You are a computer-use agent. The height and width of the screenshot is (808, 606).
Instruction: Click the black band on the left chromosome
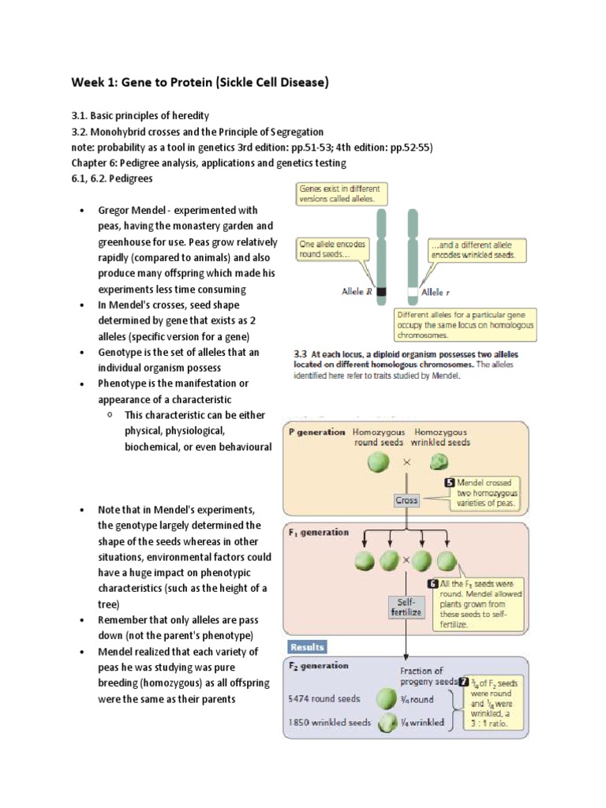click(382, 291)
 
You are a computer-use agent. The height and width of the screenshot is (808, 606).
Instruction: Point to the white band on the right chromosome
click(412, 291)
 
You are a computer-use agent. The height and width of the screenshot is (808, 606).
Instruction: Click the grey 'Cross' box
click(406, 499)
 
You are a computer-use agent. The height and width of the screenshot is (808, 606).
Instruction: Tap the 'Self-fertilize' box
click(405, 606)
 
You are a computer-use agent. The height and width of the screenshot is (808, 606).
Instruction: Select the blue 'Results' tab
click(307, 647)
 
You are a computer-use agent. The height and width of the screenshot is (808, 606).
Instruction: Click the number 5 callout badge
click(449, 482)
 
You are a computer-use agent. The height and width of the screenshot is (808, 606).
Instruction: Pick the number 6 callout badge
click(432, 584)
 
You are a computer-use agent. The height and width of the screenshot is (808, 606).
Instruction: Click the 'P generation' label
click(316, 432)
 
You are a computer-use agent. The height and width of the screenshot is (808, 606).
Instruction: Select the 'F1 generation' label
click(319, 532)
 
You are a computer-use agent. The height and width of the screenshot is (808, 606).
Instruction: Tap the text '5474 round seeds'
click(330, 699)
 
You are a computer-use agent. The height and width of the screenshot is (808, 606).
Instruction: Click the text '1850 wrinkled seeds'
click(330, 721)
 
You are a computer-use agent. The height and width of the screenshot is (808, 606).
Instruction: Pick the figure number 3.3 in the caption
click(301, 354)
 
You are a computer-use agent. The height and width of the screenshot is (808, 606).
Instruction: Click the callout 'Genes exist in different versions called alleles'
click(339, 193)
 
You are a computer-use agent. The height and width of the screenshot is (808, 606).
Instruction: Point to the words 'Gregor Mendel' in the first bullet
click(133, 211)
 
